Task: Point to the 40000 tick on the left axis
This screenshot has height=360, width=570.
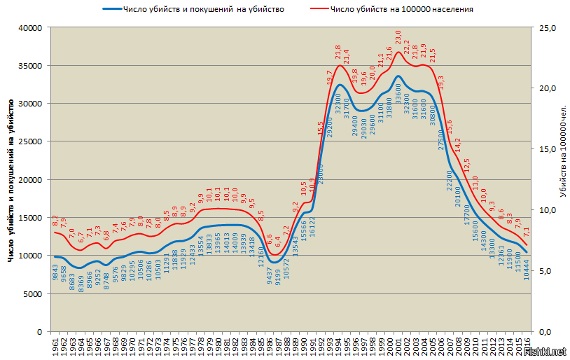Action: tap(32, 28)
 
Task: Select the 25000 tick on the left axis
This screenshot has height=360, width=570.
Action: tap(32, 141)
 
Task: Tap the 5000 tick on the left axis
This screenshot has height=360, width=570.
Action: tap(34, 293)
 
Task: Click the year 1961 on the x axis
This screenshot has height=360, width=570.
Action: tap(55, 344)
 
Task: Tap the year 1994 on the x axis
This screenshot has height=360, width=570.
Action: tap(339, 344)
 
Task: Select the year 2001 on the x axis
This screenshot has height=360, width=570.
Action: tap(399, 344)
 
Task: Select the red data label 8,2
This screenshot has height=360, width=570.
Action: tap(55, 221)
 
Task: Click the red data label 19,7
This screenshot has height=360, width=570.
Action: tap(330, 77)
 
